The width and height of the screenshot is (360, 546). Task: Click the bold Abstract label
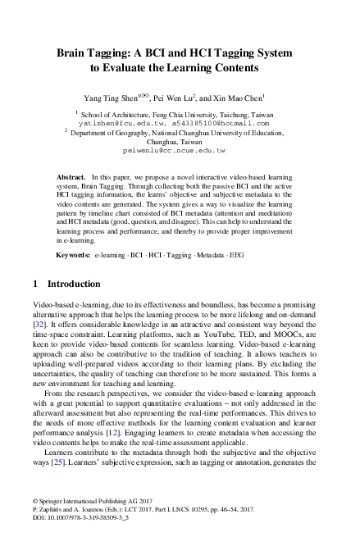click(71, 176)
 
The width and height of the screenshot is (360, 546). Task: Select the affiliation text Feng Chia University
click(171, 113)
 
